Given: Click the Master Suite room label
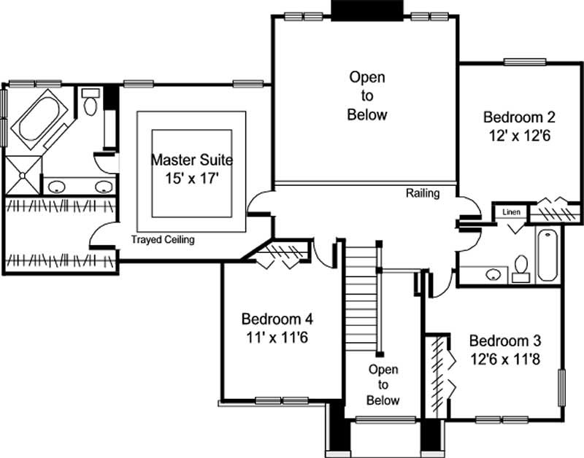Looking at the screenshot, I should (x=192, y=160).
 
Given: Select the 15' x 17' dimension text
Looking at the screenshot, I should (x=192, y=179).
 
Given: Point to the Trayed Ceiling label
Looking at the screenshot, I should (x=163, y=240).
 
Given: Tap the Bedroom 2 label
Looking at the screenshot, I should (x=520, y=117).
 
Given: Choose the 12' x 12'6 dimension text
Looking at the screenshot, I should (x=520, y=135).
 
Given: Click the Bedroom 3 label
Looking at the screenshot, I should (x=505, y=341).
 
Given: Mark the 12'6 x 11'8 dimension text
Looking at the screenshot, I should (x=505, y=359).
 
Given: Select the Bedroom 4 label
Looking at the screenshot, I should (x=277, y=319).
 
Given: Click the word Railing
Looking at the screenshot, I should (x=423, y=193).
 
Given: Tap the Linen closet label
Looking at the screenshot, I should (x=511, y=211).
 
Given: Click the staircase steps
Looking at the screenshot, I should (x=360, y=292).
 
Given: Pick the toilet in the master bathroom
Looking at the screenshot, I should (x=91, y=104).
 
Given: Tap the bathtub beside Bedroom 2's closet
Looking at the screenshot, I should (x=547, y=255).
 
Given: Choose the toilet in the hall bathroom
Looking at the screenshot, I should (x=521, y=267).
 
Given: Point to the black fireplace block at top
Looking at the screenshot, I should (x=367, y=10).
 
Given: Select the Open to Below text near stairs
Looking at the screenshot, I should (x=383, y=385).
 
